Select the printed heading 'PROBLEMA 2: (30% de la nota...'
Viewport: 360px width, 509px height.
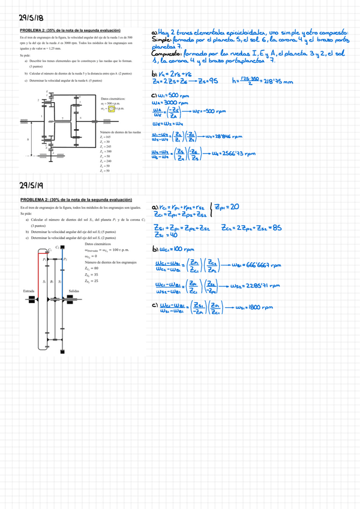(76, 199)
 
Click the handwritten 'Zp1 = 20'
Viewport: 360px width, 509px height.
(226, 206)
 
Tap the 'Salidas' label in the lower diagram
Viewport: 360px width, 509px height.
(75, 291)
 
